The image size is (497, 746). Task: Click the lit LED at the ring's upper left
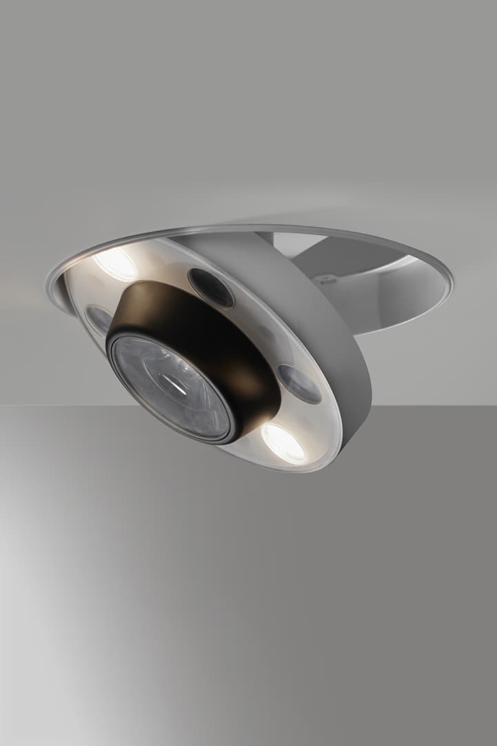116,263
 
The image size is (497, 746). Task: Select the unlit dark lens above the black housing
211,287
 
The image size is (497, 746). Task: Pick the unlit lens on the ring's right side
299,383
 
